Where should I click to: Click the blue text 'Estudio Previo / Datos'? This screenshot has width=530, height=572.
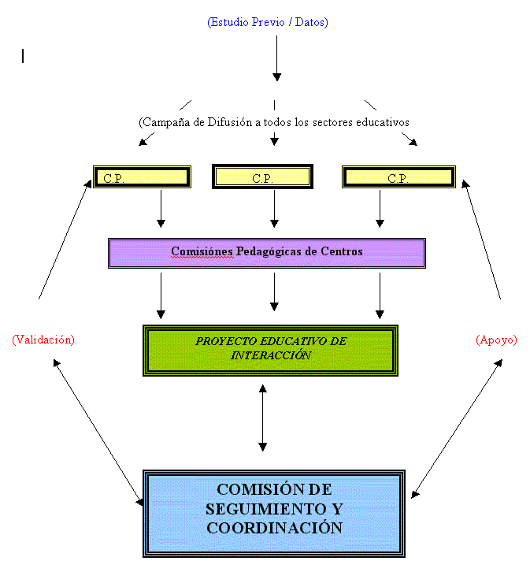pos(268,22)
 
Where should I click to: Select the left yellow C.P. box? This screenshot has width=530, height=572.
pos(143,177)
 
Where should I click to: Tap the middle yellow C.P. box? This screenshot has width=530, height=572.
pos(262,176)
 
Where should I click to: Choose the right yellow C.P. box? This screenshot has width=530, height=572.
pos(398,177)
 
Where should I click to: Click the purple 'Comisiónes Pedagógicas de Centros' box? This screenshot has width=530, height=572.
pos(267,253)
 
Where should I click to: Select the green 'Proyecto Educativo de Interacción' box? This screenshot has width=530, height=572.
pos(270,351)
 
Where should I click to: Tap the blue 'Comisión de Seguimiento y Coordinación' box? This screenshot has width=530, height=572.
pos(274,514)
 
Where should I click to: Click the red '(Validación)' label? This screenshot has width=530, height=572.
pos(43,340)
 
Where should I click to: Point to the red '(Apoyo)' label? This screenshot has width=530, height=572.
pos(496,340)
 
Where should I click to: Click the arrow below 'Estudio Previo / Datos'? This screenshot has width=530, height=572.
pos(276,58)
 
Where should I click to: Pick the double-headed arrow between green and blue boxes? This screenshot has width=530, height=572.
pos(263,418)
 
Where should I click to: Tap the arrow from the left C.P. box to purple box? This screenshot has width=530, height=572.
pos(161,209)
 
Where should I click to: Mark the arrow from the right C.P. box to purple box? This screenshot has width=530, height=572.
pos(380,209)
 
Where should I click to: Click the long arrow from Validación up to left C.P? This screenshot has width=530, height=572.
pos(65,240)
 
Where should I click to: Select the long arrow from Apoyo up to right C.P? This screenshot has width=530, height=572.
pos(481,240)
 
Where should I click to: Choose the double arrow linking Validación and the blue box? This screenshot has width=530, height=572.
pos(98,433)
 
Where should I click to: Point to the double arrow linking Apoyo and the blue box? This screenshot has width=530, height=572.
pos(457,429)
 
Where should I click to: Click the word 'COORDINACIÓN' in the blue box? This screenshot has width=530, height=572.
pos(275,528)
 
